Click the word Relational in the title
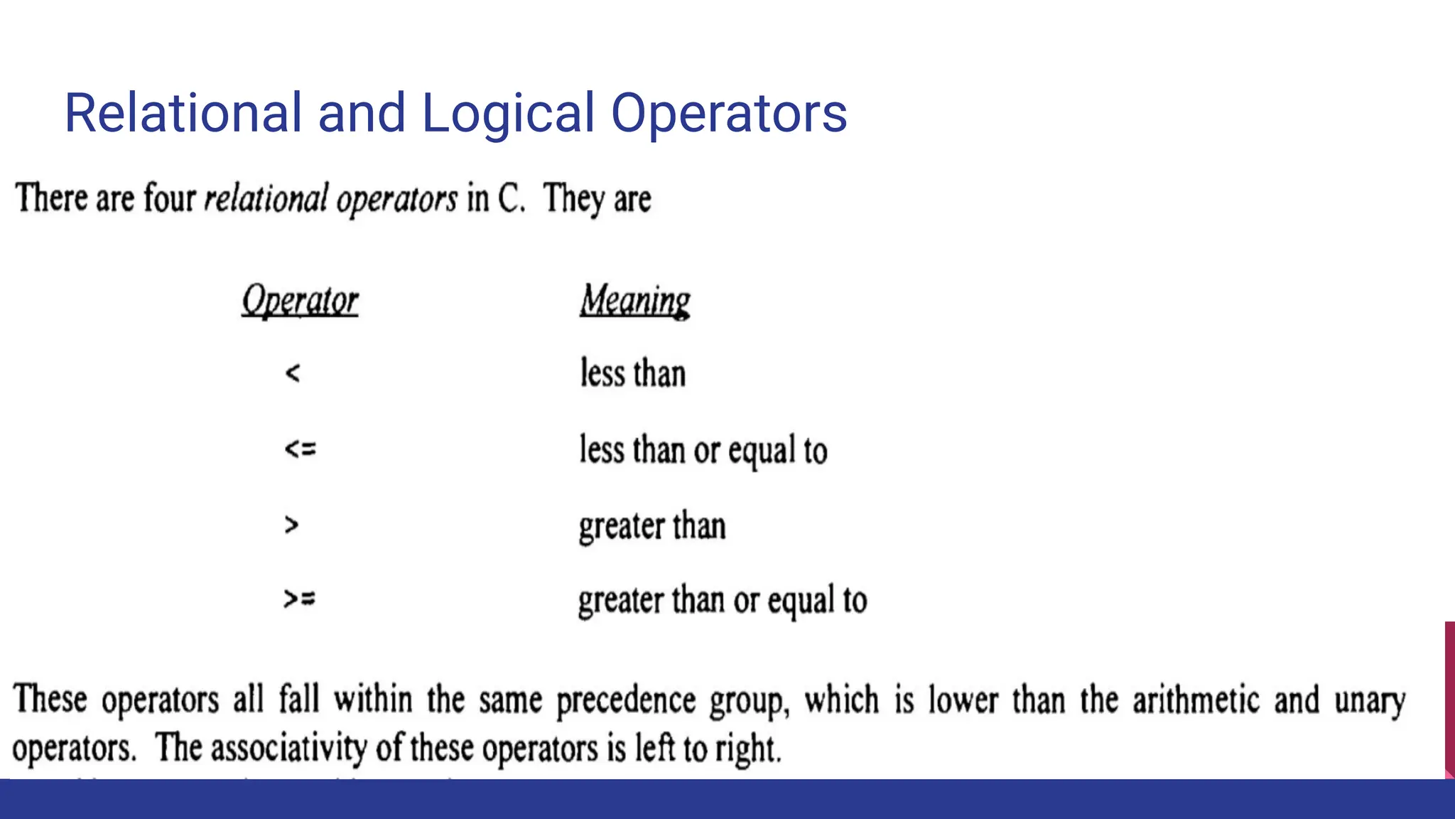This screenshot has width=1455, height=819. pos(183,114)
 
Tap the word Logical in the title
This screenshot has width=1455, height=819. pos(508,114)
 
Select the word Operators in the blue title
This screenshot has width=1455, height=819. pos(729,114)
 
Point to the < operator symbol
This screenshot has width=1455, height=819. pos(293,373)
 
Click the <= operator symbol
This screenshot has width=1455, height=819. pos(300,449)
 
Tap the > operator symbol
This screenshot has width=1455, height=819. pos(291,525)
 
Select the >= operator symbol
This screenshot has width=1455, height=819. pos(299,599)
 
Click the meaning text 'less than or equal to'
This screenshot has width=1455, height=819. pos(703,451)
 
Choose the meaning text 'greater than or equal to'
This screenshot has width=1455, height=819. pos(723,601)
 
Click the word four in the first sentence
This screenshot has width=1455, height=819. pos(169,198)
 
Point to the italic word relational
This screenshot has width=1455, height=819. pos(266,198)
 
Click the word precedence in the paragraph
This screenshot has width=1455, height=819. pos(626,700)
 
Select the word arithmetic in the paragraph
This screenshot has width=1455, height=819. pos(1196,700)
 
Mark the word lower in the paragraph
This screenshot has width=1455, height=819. pos(963,700)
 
